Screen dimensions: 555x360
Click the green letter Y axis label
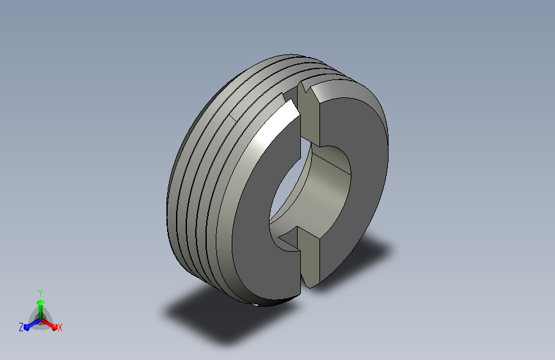pos(40,293)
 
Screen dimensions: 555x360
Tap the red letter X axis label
pos(60,327)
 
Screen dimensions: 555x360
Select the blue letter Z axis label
pos(21,327)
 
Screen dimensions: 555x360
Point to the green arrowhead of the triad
pos(41,302)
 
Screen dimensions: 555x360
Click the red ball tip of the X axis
pos(54,327)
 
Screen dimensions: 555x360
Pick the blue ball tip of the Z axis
pos(27,328)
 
